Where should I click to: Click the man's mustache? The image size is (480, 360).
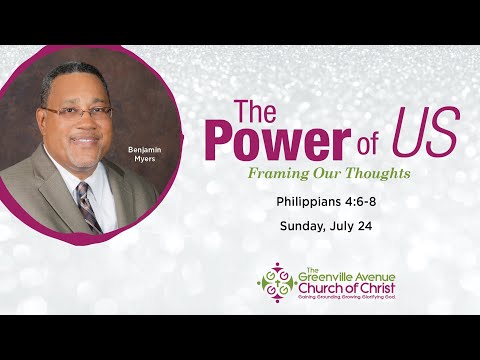pyautogui.click(x=83, y=135)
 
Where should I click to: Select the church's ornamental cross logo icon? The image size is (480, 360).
pyautogui.click(x=276, y=282)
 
